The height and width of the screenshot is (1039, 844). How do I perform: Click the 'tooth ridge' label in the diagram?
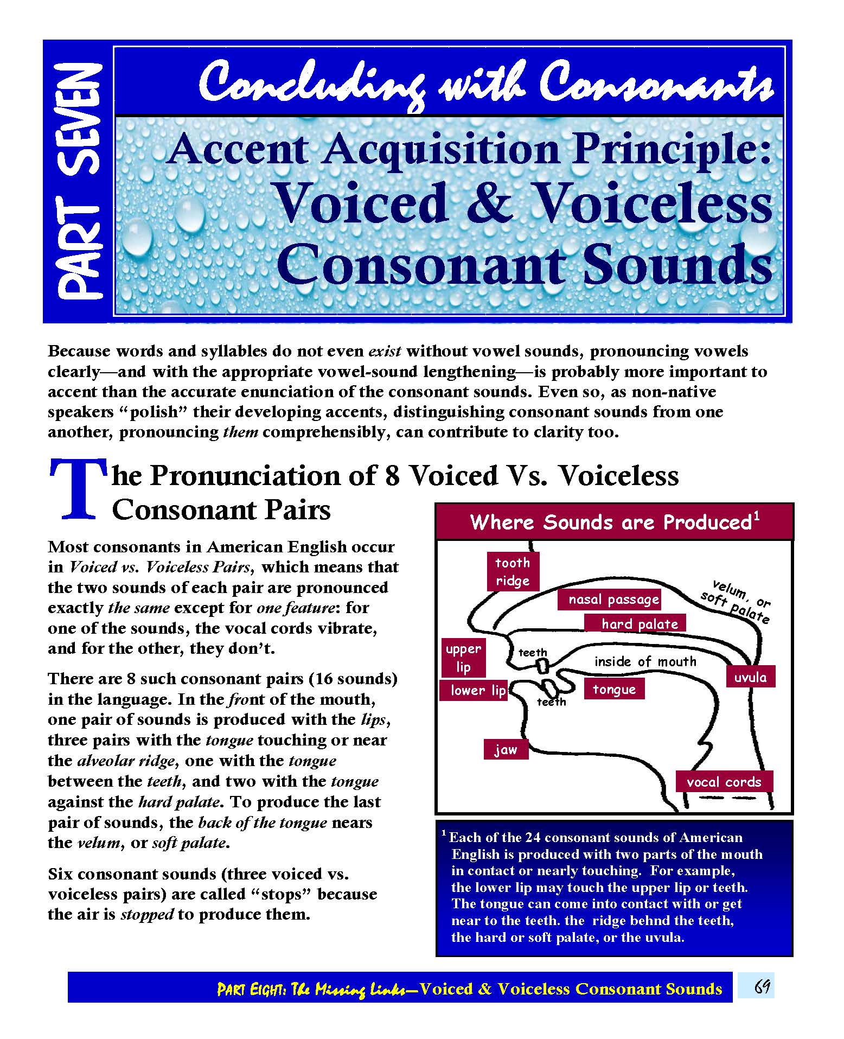click(x=513, y=571)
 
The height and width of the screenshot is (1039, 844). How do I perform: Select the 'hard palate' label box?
click(x=639, y=624)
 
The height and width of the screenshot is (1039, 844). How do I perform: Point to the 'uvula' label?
click(x=750, y=677)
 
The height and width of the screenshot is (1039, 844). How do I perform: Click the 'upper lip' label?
click(x=463, y=658)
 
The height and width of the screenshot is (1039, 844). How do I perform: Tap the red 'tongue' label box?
click(x=614, y=689)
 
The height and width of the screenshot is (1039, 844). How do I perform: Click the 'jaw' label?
click(x=506, y=750)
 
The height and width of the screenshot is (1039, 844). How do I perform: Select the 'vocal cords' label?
click(x=724, y=782)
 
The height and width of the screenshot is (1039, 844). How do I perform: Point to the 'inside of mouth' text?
click(x=645, y=661)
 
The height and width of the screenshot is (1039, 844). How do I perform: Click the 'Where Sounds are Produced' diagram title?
click(x=614, y=522)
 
